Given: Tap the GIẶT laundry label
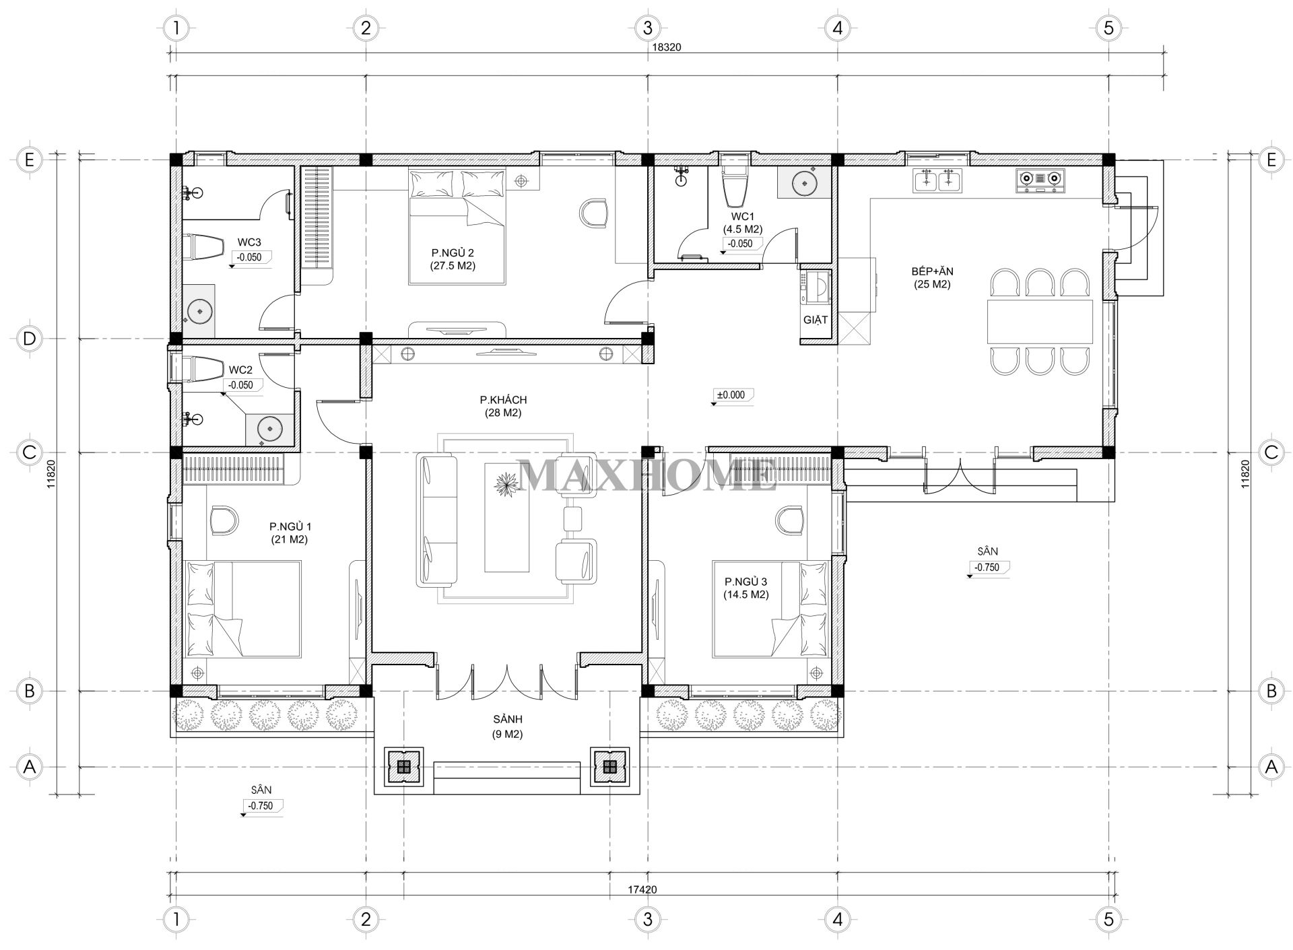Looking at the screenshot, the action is coord(815,320).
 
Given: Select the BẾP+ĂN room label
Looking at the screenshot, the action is coord(932,271).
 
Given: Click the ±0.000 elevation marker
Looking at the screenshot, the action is coord(730,395).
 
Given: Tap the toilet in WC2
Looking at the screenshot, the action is coord(203,369).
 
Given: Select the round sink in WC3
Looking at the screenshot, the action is coord(200,311).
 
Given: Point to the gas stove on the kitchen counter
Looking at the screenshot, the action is coord(1040,179).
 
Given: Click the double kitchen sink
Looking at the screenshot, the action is coord(937,180).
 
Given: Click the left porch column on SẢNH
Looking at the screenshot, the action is coord(403,766).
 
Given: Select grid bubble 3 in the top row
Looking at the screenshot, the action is coord(647,28).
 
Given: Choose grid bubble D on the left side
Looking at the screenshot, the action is coord(29,339).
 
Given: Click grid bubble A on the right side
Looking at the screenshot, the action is coord(1271,766).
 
